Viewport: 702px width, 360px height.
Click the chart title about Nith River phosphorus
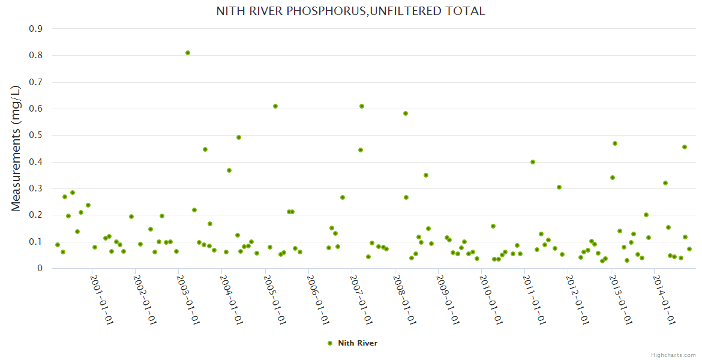tap(351, 11)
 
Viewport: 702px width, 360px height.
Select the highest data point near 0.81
tap(188, 53)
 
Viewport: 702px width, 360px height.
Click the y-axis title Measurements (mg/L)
tap(16, 148)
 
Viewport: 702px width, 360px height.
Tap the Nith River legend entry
tap(353, 343)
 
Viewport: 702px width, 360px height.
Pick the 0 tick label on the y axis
tap(40, 268)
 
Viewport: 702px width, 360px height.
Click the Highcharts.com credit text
tap(673, 355)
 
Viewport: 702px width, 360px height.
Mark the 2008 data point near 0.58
tap(406, 113)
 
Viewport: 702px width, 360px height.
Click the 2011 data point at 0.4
tap(533, 162)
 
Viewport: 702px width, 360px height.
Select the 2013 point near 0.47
tap(615, 143)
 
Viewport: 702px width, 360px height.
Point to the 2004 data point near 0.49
tap(239, 137)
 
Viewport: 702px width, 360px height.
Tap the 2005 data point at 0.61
tap(275, 106)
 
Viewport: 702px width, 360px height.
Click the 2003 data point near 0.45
tap(205, 149)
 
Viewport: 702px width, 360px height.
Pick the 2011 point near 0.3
tap(559, 187)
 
